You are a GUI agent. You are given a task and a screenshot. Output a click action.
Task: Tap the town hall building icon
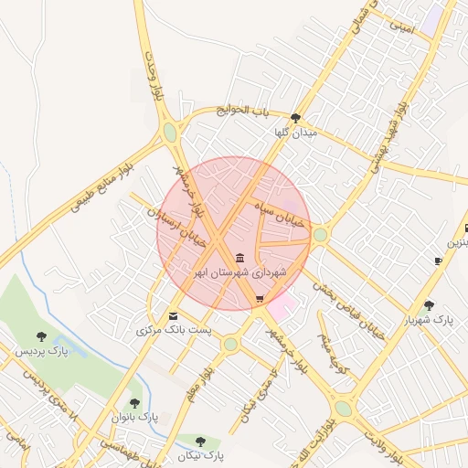[239, 258]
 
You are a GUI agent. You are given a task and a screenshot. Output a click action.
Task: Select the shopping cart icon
[260, 299]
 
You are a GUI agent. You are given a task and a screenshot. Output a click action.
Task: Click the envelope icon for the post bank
[174, 315]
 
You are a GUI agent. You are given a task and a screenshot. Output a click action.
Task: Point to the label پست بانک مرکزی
[174, 329]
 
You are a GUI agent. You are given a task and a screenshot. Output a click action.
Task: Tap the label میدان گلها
[295, 133]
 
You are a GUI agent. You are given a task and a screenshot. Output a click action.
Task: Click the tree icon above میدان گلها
[295, 118]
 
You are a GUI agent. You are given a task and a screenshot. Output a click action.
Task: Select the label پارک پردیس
[41, 351]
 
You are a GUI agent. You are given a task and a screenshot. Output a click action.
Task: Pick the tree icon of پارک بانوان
[135, 402]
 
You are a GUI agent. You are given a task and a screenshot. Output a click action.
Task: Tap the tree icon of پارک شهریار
[430, 305]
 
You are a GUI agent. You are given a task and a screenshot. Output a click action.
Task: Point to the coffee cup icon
[439, 261]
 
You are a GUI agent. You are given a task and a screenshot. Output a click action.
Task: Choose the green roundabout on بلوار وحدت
[170, 133]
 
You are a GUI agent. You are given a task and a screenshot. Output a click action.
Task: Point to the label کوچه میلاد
[335, 348]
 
